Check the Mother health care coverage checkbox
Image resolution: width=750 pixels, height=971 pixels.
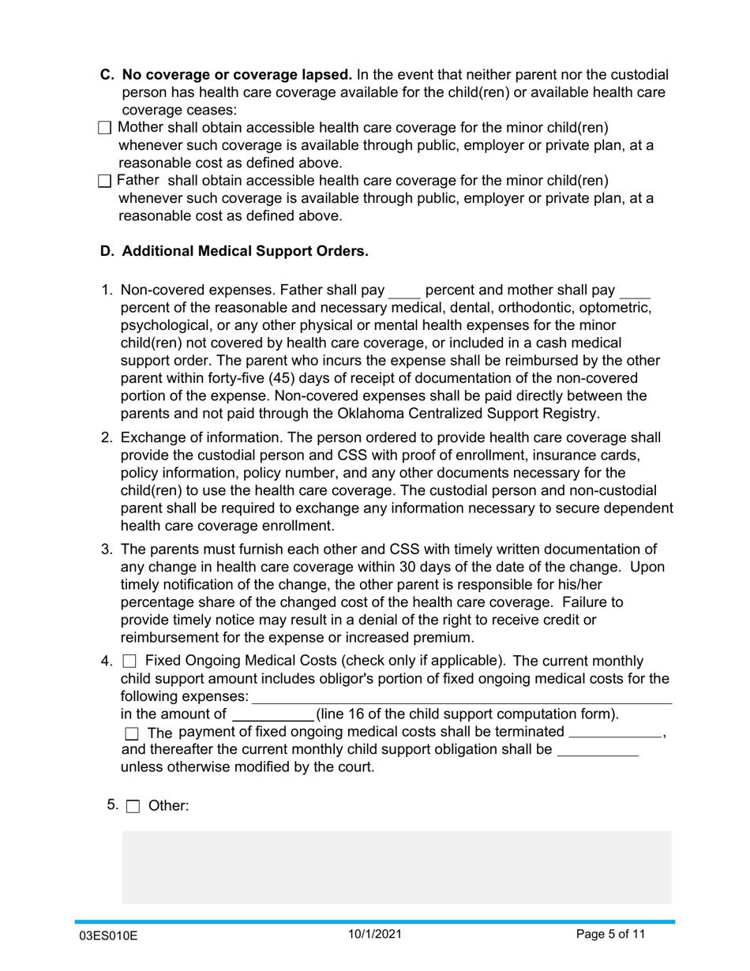pos(105,129)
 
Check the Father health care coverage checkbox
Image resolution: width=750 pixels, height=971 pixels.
pos(105,182)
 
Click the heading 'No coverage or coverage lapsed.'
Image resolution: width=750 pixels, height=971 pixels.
pos(237,75)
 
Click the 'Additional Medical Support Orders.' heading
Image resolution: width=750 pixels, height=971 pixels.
pos(245,252)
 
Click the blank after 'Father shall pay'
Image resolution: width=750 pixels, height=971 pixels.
pos(405,290)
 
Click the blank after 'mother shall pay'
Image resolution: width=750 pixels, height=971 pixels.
pos(636,290)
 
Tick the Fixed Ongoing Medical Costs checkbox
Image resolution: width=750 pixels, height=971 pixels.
pos(130,662)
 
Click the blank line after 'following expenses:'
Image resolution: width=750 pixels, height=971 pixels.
pos(461,697)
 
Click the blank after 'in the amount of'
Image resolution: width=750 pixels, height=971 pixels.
pos(272,714)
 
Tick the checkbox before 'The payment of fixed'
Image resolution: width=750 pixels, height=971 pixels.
pos(132,734)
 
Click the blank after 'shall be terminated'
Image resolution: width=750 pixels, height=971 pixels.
pos(615,732)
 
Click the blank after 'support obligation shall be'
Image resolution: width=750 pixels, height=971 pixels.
pos(598,750)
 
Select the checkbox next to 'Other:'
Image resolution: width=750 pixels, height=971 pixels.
pos(133,807)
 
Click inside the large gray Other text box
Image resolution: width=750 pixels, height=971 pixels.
pos(396,866)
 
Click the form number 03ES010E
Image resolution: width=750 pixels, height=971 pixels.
pos(109,936)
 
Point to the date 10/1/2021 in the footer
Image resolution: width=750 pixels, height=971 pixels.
pos(375,934)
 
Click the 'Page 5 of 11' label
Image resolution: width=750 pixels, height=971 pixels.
pos(610,934)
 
